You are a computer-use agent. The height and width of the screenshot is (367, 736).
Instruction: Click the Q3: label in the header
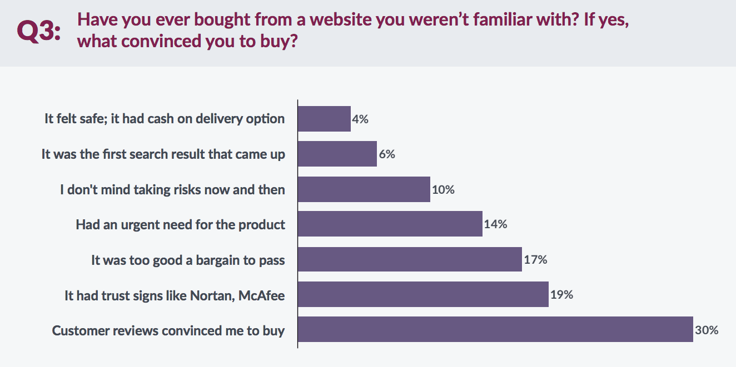[x=39, y=32]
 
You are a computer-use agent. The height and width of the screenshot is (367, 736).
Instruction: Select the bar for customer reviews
[x=495, y=329]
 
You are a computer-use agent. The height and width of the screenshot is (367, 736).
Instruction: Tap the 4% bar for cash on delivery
[x=324, y=119]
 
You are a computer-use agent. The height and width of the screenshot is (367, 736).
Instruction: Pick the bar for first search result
[x=337, y=154]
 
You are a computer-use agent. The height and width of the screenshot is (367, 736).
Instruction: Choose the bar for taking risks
[x=364, y=189]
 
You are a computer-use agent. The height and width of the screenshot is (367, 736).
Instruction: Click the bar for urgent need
[x=390, y=224]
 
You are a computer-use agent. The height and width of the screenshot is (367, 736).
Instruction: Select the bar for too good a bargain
[x=410, y=259]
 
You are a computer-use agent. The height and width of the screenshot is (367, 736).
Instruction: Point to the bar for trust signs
[x=423, y=294]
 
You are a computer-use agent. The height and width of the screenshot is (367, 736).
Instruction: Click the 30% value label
[x=707, y=330]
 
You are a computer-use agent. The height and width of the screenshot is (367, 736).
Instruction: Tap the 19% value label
[x=561, y=295]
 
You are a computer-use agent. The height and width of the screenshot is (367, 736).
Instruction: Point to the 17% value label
[x=535, y=259]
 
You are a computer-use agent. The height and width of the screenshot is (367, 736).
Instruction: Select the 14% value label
[x=496, y=224]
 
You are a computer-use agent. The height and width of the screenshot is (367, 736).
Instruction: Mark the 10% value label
[x=443, y=189]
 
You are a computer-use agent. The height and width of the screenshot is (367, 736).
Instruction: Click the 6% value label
[x=387, y=154]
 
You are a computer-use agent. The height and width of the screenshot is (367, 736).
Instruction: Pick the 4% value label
[x=360, y=119]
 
